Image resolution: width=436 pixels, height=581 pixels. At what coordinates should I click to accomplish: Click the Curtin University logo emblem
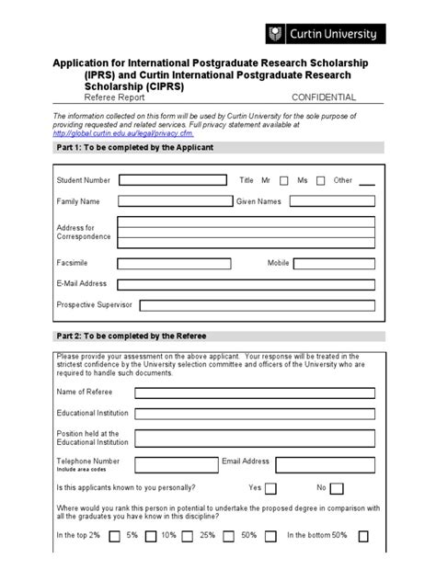(x=273, y=34)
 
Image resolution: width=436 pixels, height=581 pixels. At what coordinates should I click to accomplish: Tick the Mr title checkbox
(x=283, y=181)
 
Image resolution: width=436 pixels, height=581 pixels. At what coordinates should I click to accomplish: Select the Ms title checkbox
(x=320, y=181)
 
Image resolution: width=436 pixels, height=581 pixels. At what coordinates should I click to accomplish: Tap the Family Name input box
(x=175, y=200)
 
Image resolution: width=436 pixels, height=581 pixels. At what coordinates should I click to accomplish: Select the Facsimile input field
(x=175, y=264)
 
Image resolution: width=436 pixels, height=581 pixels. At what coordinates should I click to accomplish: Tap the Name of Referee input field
(x=255, y=393)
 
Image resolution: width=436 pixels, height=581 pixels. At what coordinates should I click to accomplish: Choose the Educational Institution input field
(x=255, y=414)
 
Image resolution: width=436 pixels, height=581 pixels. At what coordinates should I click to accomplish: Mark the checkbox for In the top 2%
(x=114, y=537)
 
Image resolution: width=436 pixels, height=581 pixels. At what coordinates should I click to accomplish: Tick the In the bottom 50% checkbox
(x=364, y=537)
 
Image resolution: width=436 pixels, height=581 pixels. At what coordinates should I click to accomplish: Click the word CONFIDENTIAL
(x=324, y=97)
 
